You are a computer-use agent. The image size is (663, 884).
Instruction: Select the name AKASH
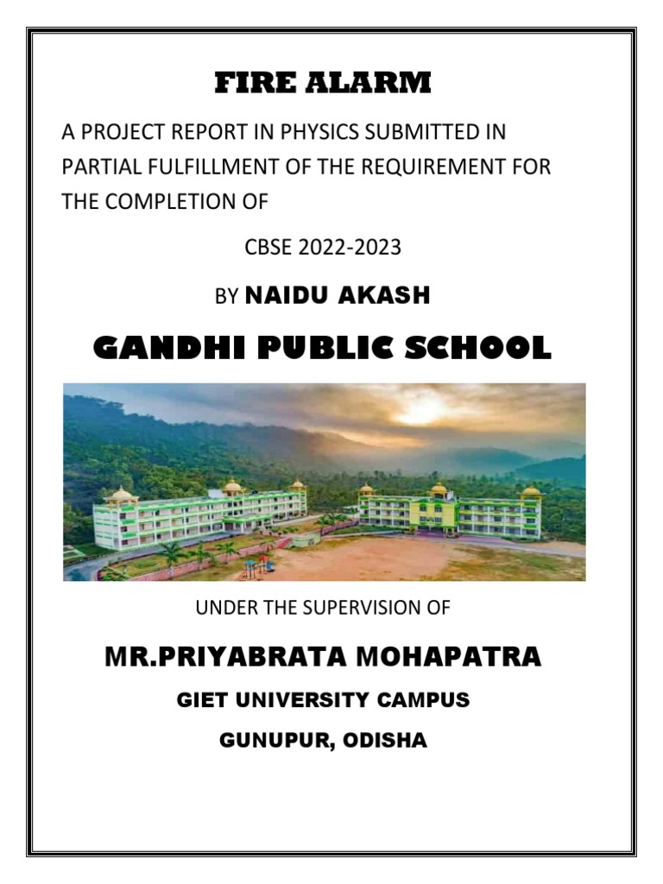pyautogui.click(x=384, y=296)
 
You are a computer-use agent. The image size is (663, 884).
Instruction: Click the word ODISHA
pyautogui.click(x=388, y=741)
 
